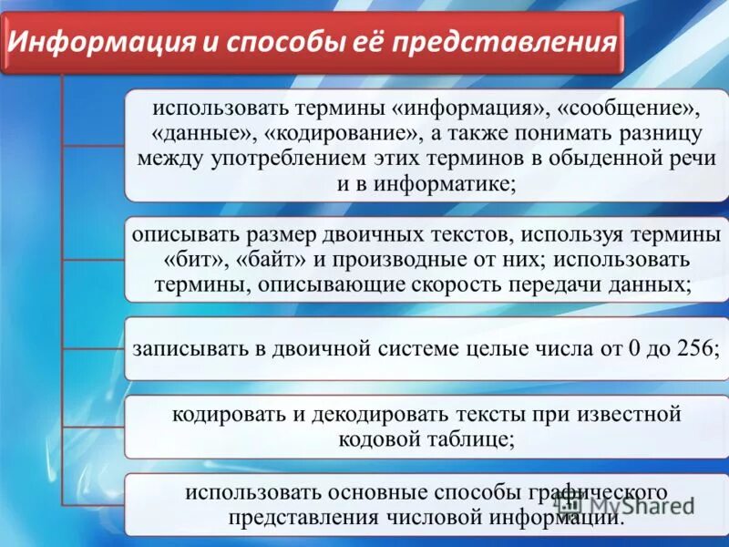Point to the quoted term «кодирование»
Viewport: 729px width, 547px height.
344,133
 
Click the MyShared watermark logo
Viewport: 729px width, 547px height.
629,504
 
